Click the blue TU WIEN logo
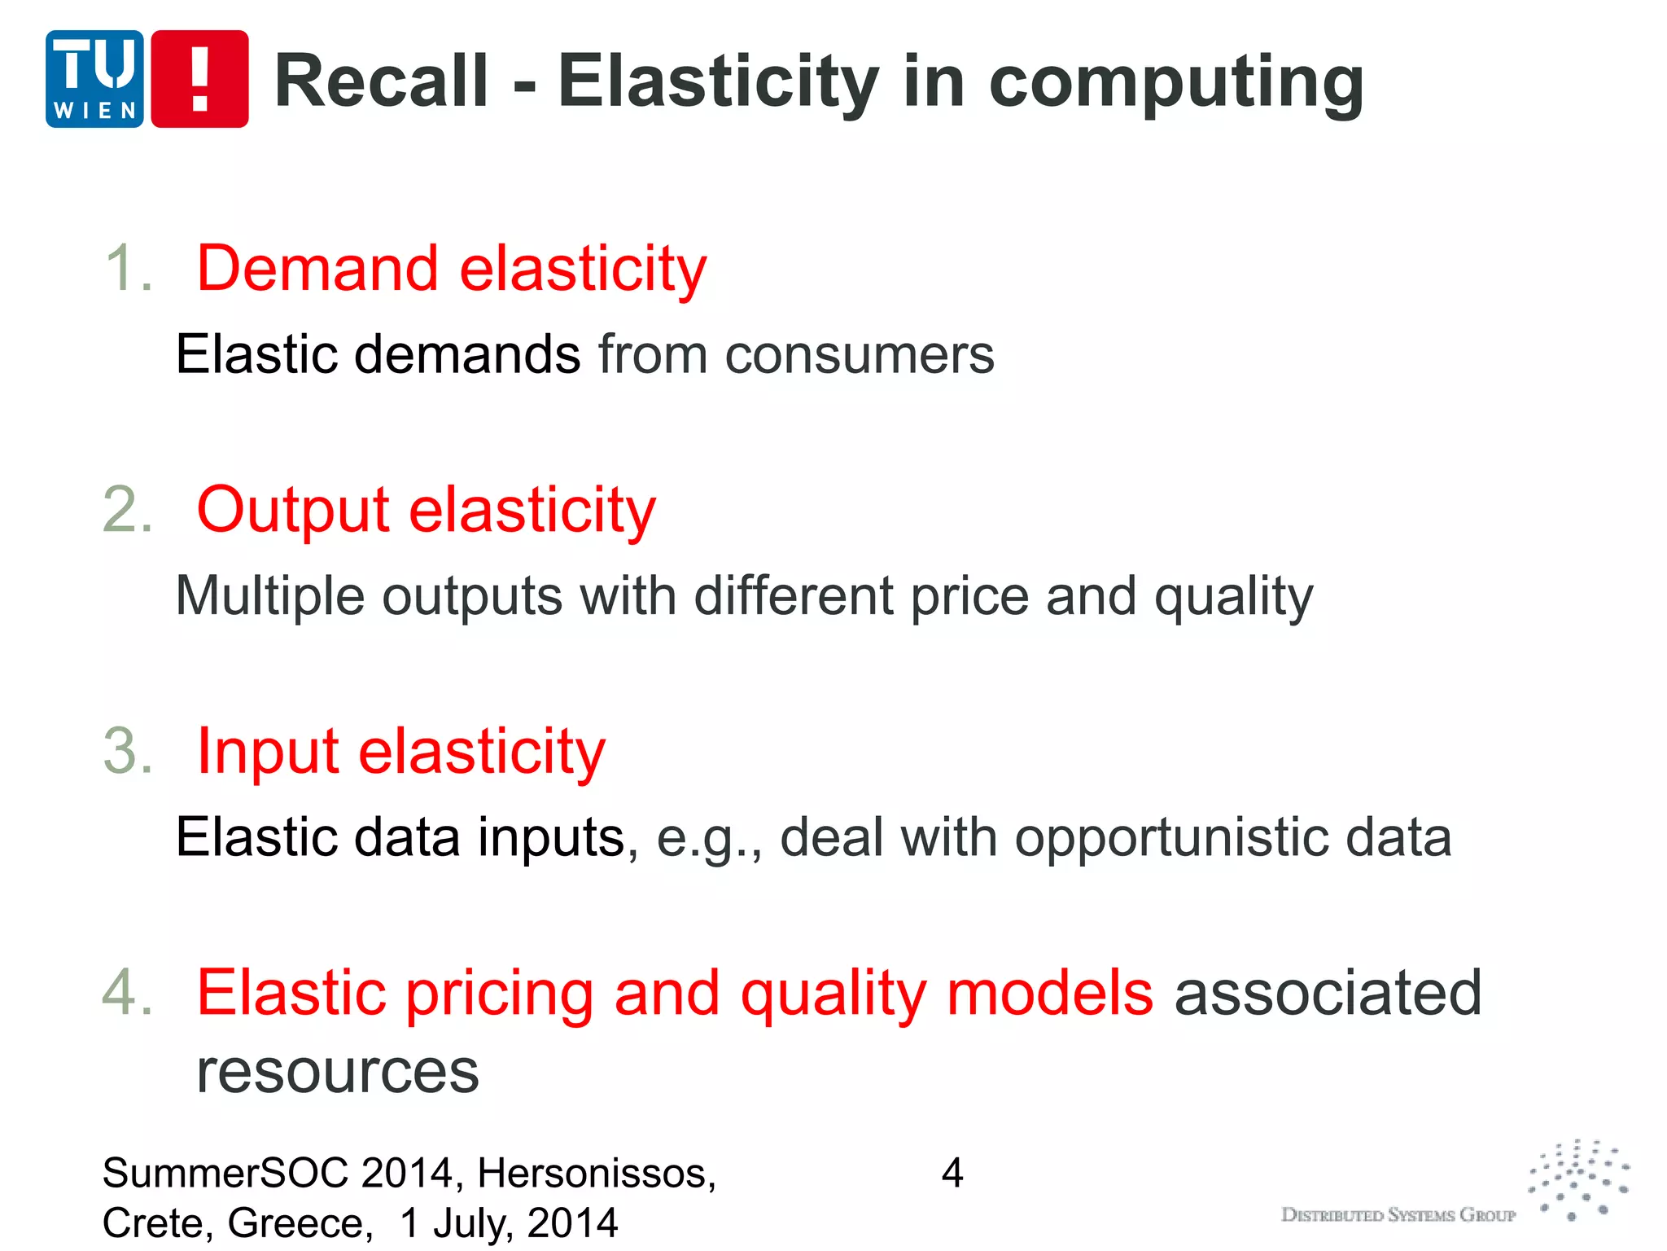[94, 79]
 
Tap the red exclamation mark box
[199, 79]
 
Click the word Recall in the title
[382, 81]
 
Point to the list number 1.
[128, 268]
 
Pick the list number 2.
[128, 510]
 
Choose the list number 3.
[128, 751]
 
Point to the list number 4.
[128, 993]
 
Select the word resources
[338, 1072]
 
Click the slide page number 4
[952, 1174]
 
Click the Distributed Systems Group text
[1398, 1215]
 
